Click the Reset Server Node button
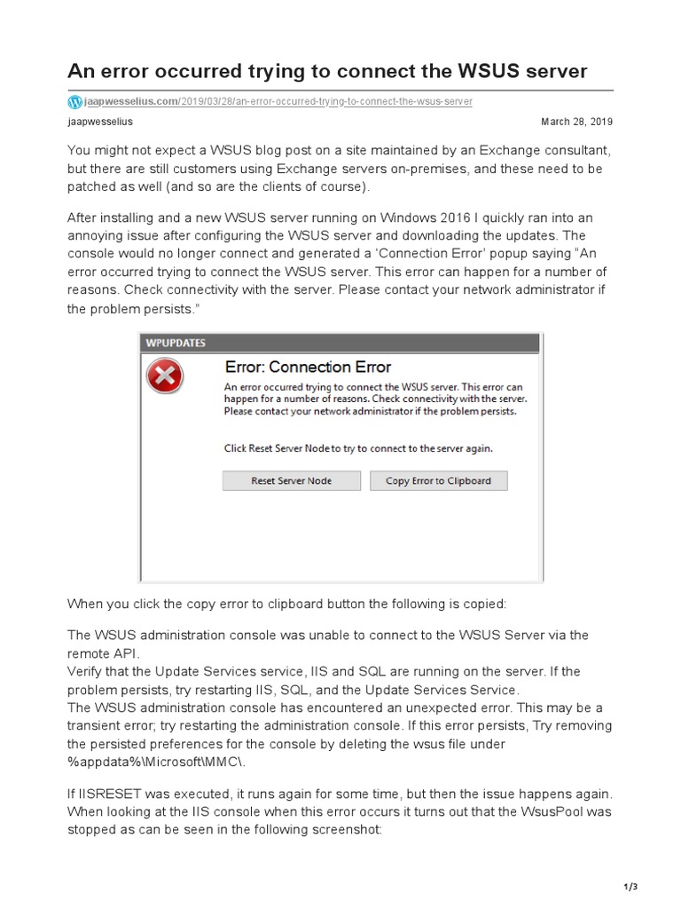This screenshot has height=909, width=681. pos(291,481)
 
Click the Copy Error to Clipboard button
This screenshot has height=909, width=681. pos(438,481)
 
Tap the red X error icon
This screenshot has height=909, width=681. pos(164,377)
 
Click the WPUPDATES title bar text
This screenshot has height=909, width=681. pos(176,342)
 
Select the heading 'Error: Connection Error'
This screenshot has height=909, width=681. pos(308,367)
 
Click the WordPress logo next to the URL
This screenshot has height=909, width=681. pos(74,102)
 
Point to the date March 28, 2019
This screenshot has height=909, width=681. pos(576,122)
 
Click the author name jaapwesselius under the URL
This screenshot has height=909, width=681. pos(100,122)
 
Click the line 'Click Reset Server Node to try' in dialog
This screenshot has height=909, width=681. pos(358,448)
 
